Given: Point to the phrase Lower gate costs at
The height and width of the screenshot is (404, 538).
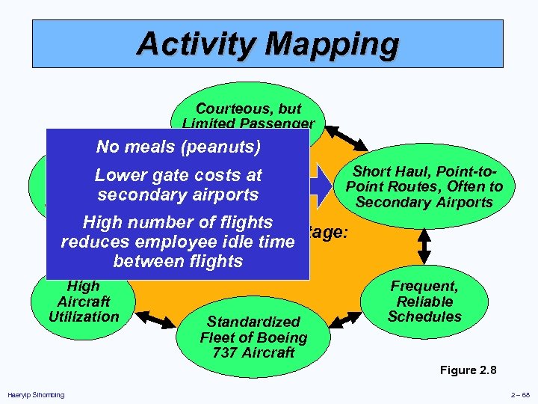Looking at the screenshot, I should (178, 175).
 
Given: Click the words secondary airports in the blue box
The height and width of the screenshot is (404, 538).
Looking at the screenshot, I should (178, 195).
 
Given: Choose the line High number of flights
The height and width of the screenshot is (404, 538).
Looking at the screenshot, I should (178, 222).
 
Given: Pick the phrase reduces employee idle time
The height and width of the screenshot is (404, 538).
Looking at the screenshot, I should (178, 242).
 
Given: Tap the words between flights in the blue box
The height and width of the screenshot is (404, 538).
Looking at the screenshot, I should (178, 261).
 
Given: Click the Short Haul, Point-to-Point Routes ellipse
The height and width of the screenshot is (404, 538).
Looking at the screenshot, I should (424, 187).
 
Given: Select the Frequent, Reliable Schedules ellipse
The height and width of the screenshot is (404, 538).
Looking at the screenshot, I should (424, 301).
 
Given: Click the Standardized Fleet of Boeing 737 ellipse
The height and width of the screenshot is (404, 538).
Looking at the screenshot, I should (253, 337).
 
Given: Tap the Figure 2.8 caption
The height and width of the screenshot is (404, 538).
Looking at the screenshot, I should (468, 370).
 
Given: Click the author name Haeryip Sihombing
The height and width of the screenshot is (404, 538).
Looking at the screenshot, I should (35, 395).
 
